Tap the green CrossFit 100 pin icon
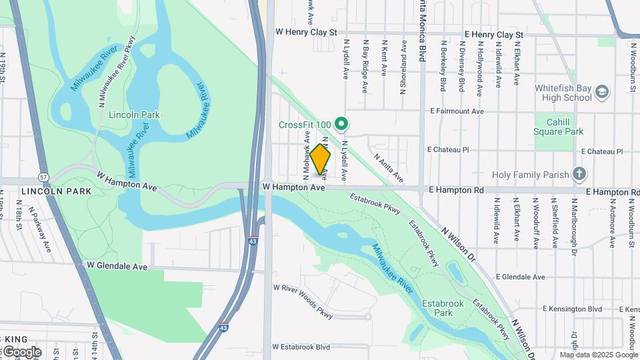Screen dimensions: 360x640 click(x=342, y=123)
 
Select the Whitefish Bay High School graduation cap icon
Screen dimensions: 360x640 click(x=602, y=91)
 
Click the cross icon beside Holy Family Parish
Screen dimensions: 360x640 click(x=579, y=175)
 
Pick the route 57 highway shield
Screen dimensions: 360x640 click(x=43, y=177)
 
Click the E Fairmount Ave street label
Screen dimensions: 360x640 click(x=457, y=111)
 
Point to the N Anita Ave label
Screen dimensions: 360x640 click(x=389, y=168)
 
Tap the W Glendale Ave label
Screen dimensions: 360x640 click(x=117, y=265)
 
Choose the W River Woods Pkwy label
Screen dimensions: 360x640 click(x=303, y=303)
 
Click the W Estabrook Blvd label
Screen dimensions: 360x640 click(x=301, y=347)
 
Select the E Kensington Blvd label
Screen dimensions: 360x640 click(x=572, y=309)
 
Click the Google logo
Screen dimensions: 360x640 click(x=21, y=352)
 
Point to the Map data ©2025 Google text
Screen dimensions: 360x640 click(x=598, y=355)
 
